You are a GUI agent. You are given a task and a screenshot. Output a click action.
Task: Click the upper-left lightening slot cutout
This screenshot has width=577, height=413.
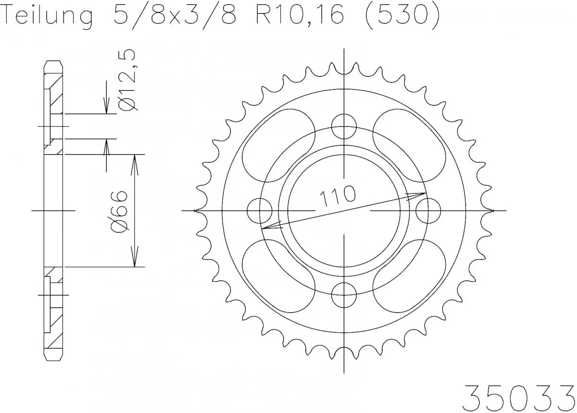(278, 143)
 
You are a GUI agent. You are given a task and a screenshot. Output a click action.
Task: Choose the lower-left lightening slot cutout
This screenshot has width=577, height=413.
(278, 278)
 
